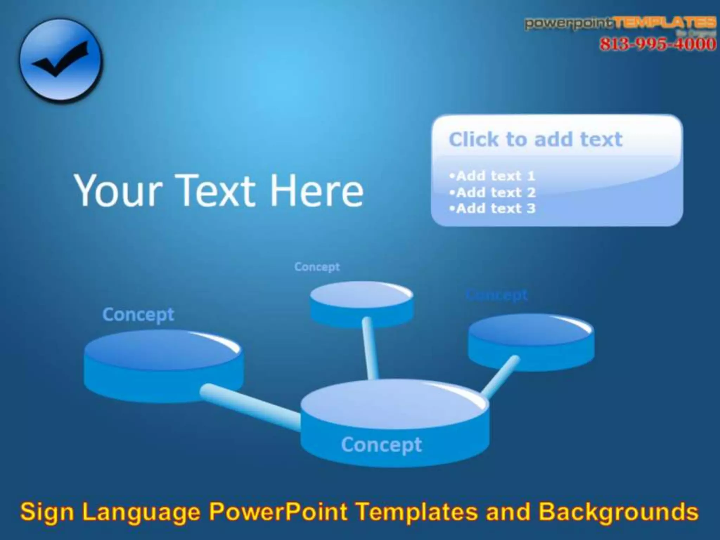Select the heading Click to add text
coord(535,139)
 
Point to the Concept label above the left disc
coord(138,315)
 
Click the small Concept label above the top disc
coord(317,267)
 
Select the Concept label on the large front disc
coord(381,445)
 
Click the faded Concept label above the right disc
coord(496,295)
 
